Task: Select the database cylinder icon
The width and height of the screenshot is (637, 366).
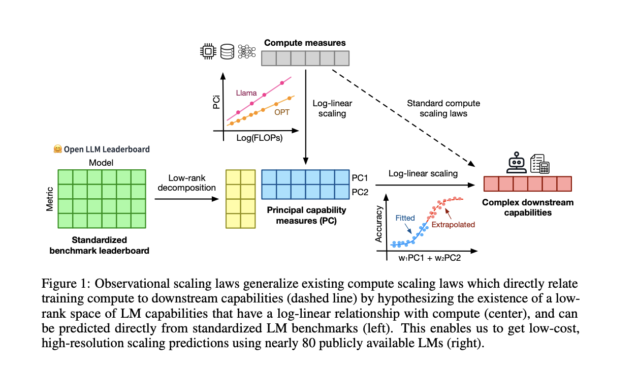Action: pyautogui.click(x=227, y=51)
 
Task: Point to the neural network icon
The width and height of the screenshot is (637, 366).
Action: pyautogui.click(x=247, y=51)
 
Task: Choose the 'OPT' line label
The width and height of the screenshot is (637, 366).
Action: pyautogui.click(x=282, y=112)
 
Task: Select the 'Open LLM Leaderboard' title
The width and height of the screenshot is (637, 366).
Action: pyautogui.click(x=106, y=149)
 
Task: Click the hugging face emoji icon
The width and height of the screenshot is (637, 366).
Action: pyautogui.click(x=57, y=149)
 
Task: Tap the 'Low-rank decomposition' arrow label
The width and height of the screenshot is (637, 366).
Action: pyautogui.click(x=186, y=182)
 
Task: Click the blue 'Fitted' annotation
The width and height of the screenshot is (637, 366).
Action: pyautogui.click(x=405, y=218)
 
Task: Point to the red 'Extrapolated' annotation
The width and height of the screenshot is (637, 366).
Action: pyautogui.click(x=453, y=224)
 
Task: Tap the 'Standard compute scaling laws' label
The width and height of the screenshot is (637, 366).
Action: pyautogui.click(x=443, y=108)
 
